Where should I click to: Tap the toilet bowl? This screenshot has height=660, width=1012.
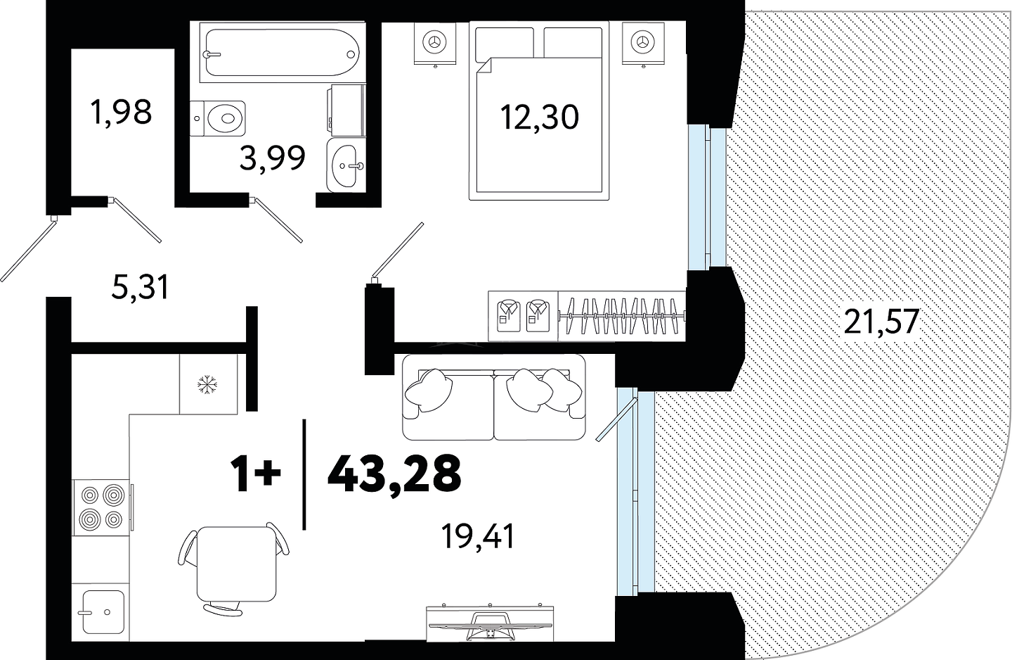click(218, 118)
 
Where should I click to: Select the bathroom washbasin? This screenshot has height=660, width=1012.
click(346, 165)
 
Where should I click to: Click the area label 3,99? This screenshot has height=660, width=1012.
click(273, 158)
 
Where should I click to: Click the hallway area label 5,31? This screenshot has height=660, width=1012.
click(140, 287)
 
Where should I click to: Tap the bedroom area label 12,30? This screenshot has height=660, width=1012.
click(539, 118)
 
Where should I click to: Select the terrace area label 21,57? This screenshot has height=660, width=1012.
click(881, 322)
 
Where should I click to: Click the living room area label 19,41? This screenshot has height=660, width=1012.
click(478, 537)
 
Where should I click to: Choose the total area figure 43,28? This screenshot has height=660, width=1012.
click(394, 474)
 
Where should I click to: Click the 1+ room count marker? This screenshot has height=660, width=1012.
click(256, 473)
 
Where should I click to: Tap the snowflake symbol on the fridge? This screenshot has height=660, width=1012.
click(207, 384)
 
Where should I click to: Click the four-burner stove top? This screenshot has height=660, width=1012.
click(101, 507)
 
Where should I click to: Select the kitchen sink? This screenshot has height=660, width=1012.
click(103, 611)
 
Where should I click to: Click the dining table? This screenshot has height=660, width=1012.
click(237, 564)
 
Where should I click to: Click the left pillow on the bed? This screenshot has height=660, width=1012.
click(505, 42)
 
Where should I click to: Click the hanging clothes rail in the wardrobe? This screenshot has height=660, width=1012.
click(622, 315)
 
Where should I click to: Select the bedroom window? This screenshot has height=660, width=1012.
click(707, 197)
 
